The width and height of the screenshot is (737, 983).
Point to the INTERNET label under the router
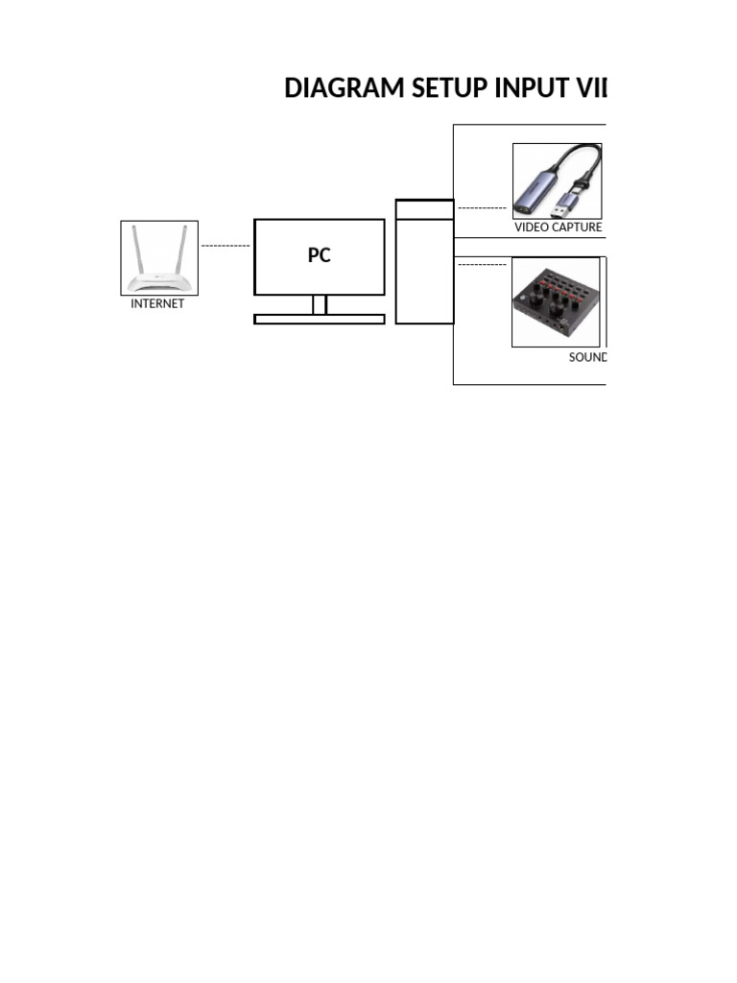[157, 303]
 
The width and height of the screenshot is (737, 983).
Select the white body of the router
[158, 283]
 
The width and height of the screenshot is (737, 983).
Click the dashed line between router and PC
[226, 247]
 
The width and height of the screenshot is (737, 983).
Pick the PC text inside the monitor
[319, 256]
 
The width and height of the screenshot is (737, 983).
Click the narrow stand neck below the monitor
[320, 304]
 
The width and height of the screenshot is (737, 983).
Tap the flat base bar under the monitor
[319, 320]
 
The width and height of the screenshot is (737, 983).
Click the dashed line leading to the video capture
[482, 207]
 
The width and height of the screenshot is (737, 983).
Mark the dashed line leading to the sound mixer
[482, 264]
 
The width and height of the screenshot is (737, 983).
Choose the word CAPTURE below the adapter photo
[580, 228]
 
